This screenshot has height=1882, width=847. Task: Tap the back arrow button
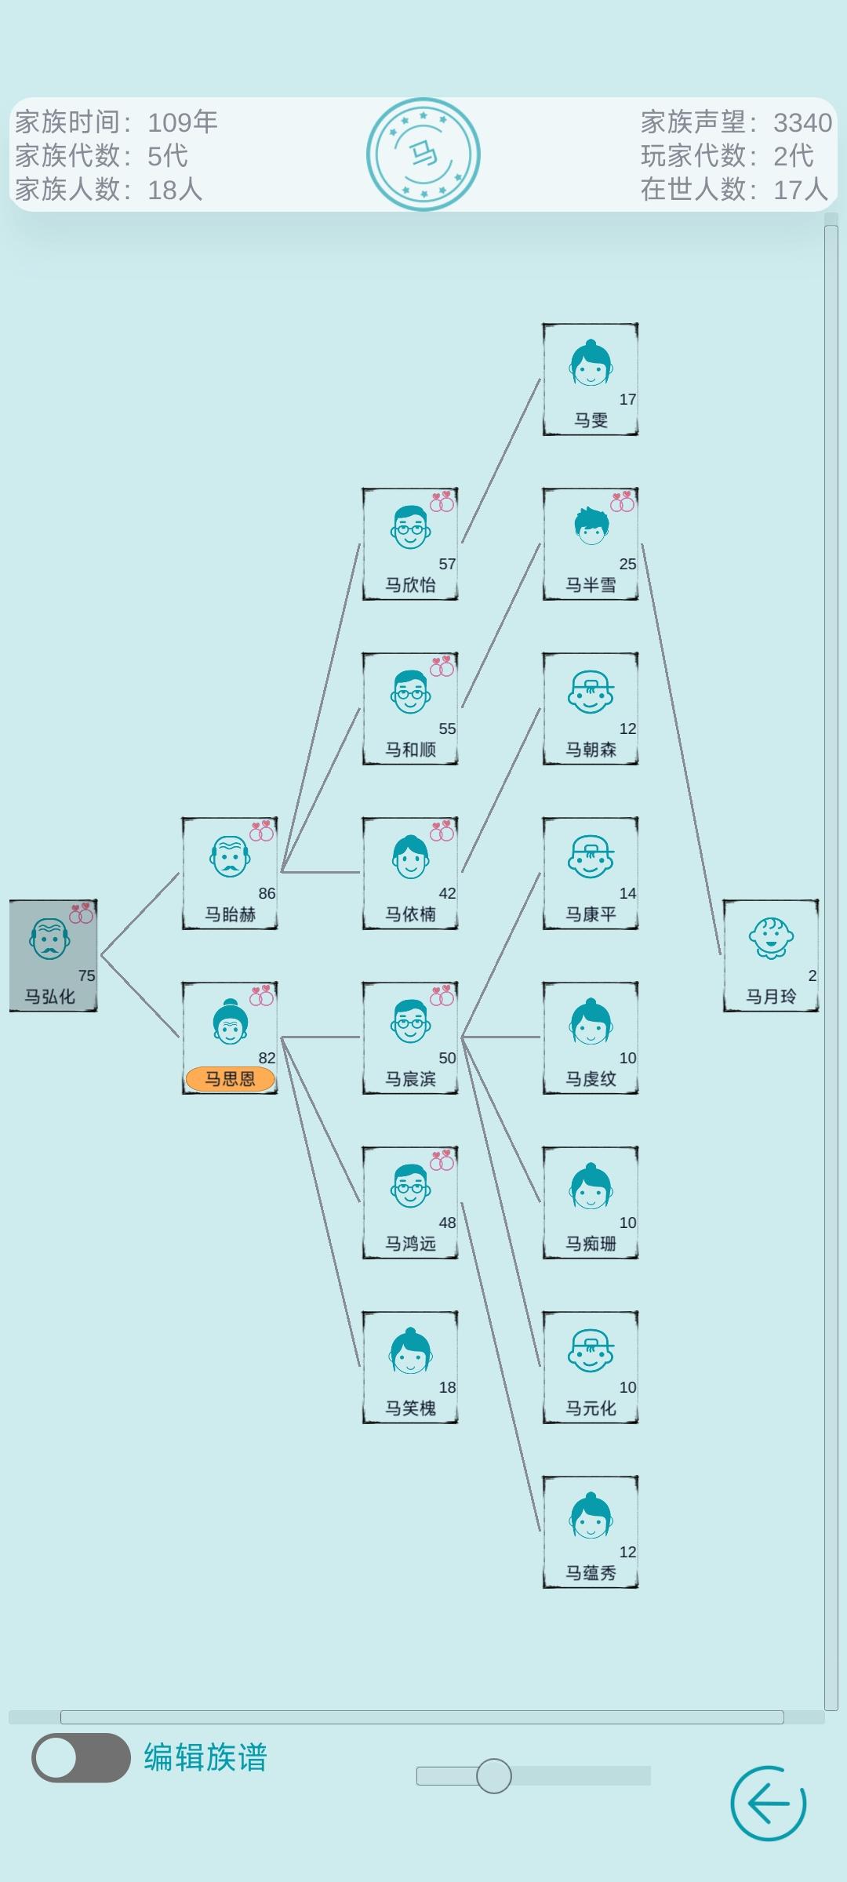click(x=768, y=1803)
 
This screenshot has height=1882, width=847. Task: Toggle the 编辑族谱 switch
click(x=81, y=1757)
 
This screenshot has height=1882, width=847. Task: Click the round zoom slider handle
click(x=493, y=1775)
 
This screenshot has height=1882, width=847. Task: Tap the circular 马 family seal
click(x=423, y=154)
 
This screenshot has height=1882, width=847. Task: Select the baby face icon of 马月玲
click(x=771, y=938)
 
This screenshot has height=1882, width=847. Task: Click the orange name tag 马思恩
click(x=230, y=1079)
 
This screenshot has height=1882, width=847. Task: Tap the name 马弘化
click(x=49, y=997)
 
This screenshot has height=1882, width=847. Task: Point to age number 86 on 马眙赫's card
click(x=267, y=893)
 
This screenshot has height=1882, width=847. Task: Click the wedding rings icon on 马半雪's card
click(x=622, y=502)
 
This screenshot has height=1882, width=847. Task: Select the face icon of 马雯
click(x=591, y=363)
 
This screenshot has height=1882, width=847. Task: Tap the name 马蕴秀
click(x=591, y=1573)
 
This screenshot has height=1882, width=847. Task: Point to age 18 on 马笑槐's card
click(x=447, y=1387)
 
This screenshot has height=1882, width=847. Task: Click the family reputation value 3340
click(x=802, y=122)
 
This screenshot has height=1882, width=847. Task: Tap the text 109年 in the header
click(x=182, y=122)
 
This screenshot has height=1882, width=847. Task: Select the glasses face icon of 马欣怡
click(x=409, y=527)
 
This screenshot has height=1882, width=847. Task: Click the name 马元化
click(x=591, y=1408)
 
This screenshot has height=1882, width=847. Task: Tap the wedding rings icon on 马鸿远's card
click(x=442, y=1160)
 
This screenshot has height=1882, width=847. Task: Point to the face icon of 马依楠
click(x=409, y=856)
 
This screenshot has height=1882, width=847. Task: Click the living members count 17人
click(x=800, y=189)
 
